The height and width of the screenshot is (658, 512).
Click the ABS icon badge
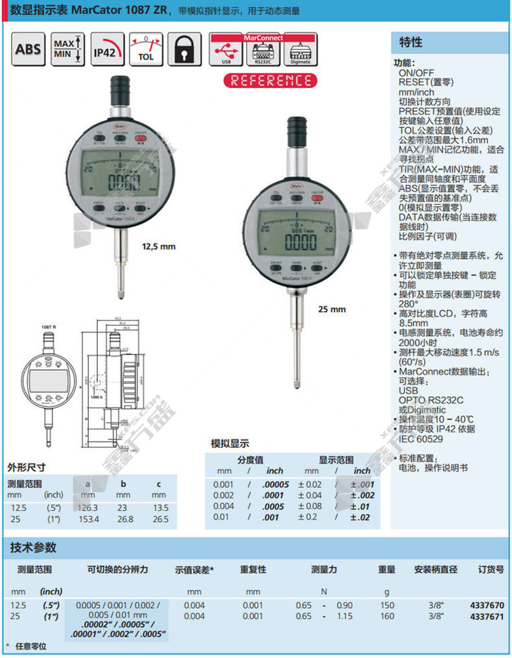[28, 49]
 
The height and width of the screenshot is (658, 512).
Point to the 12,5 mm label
[159, 246]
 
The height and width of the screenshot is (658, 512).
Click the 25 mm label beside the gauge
[332, 309]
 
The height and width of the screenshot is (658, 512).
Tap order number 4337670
[486, 605]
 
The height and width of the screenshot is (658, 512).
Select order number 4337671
[486, 617]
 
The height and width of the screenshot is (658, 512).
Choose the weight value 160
[386, 617]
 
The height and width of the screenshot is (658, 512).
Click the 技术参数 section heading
[33, 548]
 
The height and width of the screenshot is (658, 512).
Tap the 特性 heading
[409, 43]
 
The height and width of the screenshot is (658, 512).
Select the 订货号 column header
[490, 570]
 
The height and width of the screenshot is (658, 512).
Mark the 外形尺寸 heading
[27, 467]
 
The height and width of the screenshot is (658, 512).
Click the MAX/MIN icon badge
[66, 49]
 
